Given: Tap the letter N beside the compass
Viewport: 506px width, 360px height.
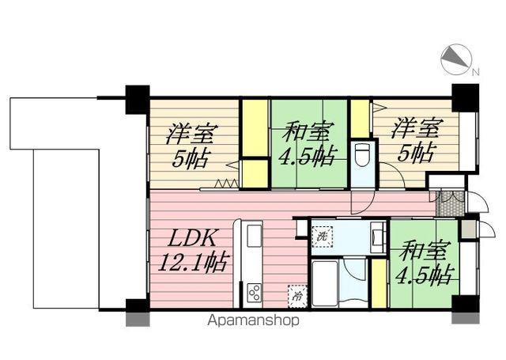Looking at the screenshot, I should click(475, 73).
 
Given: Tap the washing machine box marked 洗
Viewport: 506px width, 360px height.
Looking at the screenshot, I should click(322, 236).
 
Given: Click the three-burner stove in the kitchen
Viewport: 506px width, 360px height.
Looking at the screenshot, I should click(255, 292).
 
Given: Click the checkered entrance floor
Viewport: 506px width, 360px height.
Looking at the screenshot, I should click(448, 203).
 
